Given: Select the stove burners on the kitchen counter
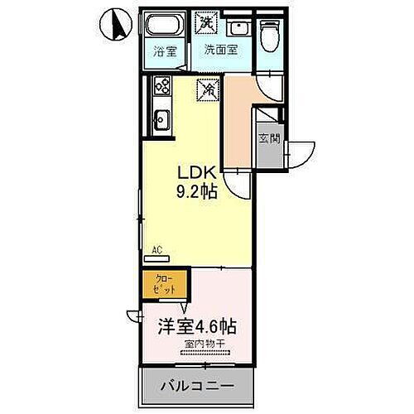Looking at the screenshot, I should click(161, 86).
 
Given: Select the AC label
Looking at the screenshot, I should click(157, 248).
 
